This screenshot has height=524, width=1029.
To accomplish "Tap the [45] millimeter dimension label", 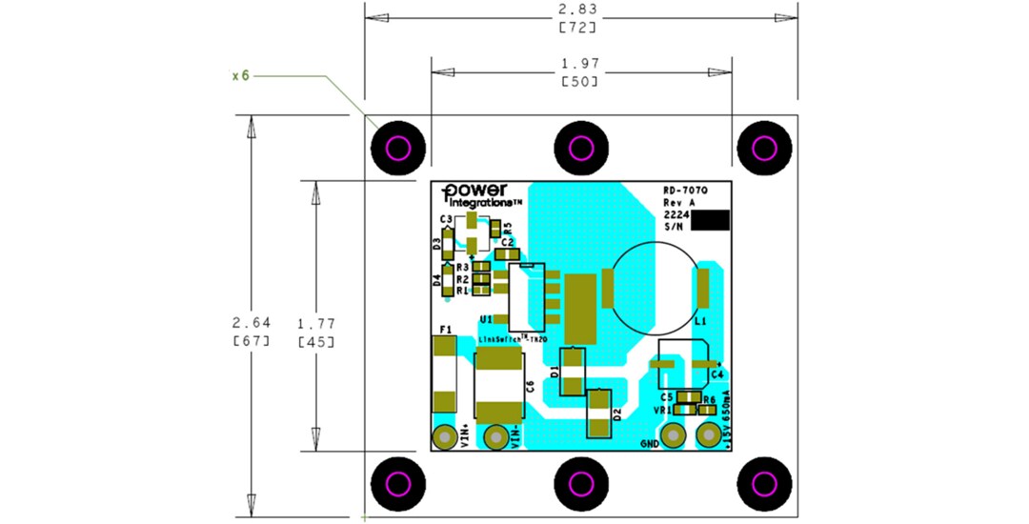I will click(315, 341).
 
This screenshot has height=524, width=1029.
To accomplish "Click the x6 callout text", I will click(240, 75).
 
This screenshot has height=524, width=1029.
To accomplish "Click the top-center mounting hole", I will click(581, 148).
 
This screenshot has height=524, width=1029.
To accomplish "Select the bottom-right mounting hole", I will click(765, 483).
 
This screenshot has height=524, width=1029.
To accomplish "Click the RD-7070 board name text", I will click(684, 191).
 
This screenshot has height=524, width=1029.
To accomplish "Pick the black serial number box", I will click(710, 220).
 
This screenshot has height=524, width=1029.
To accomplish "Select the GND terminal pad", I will click(673, 434).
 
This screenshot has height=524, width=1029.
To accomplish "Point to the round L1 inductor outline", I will click(653, 286).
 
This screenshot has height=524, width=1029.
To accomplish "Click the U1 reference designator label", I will click(487, 318).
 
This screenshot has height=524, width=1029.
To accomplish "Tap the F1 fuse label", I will click(443, 329).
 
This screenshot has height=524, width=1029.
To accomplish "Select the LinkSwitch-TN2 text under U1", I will click(512, 338).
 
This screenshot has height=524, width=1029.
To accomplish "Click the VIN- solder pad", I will click(495, 437).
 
